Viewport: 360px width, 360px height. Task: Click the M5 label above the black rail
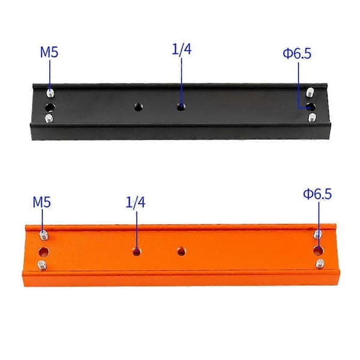49,52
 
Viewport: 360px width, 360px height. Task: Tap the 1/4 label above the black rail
182,49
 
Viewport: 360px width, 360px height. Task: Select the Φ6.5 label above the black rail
297,53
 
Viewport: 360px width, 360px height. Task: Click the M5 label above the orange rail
41,202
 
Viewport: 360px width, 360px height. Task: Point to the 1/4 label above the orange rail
136,203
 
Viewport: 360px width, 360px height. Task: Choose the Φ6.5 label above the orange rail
317,194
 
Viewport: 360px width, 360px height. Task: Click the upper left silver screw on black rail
50,93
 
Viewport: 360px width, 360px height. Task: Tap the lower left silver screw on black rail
49,118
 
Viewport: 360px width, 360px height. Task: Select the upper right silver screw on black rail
310,92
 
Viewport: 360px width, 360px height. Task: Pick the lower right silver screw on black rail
311,118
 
